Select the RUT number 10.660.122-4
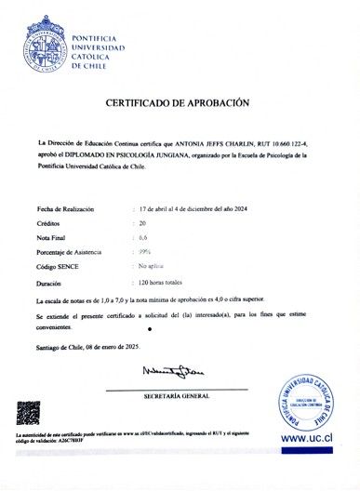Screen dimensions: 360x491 (x=302, y=142)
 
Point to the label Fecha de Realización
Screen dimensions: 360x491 (x=65, y=209)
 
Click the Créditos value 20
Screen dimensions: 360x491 (x=142, y=224)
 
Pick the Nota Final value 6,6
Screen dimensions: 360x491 (x=142, y=238)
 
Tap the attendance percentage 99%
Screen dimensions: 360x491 (x=144, y=252)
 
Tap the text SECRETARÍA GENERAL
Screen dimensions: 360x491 (x=177, y=396)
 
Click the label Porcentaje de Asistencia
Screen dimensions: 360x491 (x=70, y=252)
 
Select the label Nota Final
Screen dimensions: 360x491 (x=54, y=238)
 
